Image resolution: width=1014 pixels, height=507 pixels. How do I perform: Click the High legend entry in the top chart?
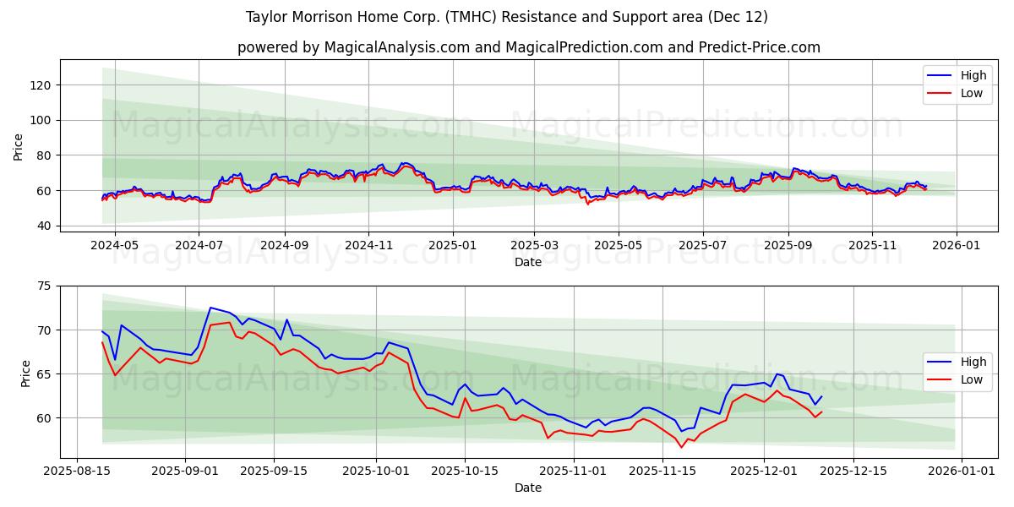973,75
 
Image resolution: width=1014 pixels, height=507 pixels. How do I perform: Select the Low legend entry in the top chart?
972,94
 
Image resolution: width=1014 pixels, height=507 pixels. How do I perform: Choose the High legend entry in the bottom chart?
973,362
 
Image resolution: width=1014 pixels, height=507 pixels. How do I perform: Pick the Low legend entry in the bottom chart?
972,380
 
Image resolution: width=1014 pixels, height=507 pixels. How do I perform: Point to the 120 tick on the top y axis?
41,85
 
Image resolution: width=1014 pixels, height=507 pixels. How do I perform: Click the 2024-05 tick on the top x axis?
114,245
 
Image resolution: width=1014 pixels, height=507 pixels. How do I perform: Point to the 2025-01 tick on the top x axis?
453,245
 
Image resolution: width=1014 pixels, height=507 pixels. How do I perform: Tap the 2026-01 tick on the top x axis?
957,245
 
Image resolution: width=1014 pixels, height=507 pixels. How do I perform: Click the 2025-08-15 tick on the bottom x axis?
77,471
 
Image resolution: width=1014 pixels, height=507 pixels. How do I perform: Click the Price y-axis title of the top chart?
19,147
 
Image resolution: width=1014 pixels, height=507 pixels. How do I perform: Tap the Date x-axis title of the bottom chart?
528,488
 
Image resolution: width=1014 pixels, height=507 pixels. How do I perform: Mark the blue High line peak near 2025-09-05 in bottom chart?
210,308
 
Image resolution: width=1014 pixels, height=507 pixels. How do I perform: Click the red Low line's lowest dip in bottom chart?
681,447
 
